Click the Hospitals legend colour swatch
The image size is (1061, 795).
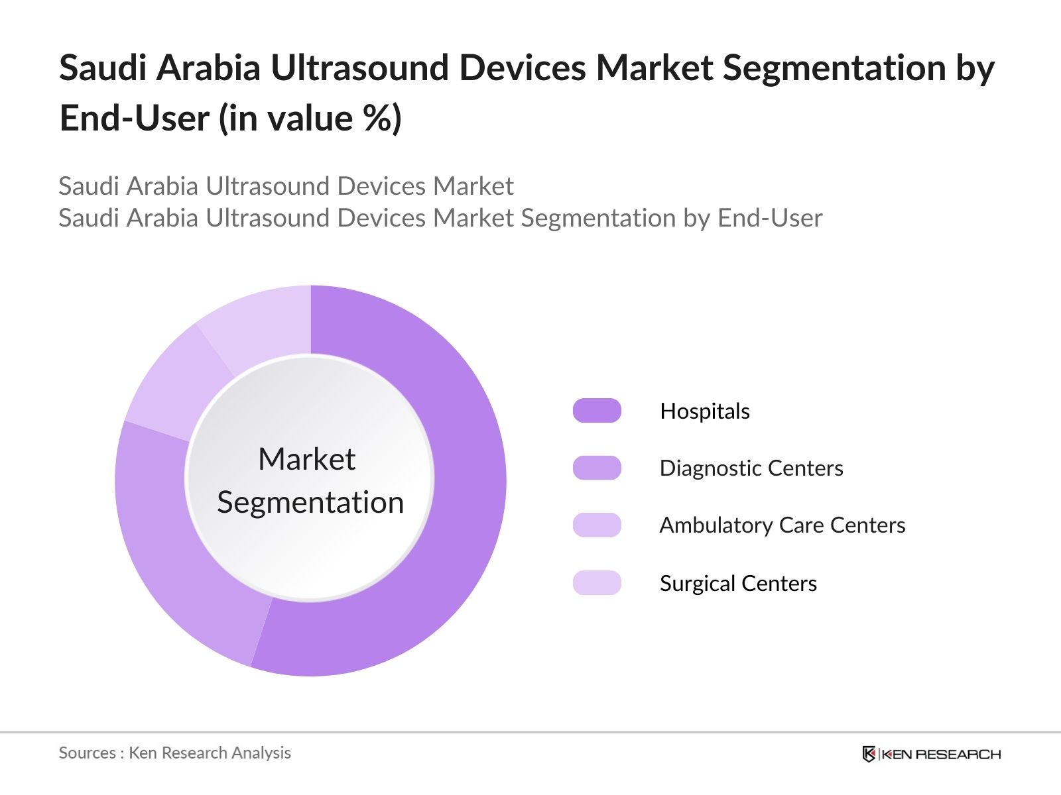coord(597,411)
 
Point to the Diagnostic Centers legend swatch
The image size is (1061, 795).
coord(597,468)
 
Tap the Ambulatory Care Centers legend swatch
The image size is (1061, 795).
coord(597,525)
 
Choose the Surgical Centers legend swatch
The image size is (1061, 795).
coord(597,583)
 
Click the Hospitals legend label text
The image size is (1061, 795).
coord(705,411)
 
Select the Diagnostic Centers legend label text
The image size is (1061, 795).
coord(751,468)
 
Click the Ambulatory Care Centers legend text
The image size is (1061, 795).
coord(782,525)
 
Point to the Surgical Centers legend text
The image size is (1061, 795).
coord(738,584)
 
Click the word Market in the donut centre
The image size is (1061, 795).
coord(306,459)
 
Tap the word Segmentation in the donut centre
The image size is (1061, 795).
coord(310,502)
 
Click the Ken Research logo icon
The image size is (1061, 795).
coord(869,754)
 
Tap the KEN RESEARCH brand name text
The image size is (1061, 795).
coord(941,754)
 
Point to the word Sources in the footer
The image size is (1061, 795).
coord(87,753)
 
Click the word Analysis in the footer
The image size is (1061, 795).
coord(265,753)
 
